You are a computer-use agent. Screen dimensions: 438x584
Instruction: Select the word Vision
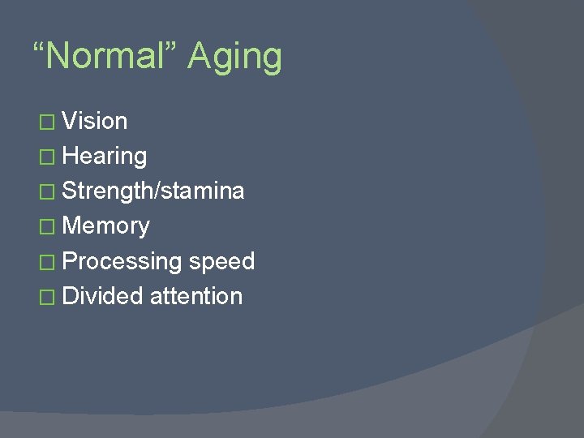pos(95,121)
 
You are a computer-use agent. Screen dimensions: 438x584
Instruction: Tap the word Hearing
pos(105,157)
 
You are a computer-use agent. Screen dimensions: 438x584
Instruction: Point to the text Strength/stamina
pos(153,191)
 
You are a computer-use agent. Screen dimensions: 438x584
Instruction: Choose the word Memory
pos(105,226)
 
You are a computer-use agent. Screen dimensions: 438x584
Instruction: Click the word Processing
pos(122,262)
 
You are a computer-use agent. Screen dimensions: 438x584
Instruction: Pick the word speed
pos(221,262)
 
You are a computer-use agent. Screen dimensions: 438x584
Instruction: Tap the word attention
pos(196,296)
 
